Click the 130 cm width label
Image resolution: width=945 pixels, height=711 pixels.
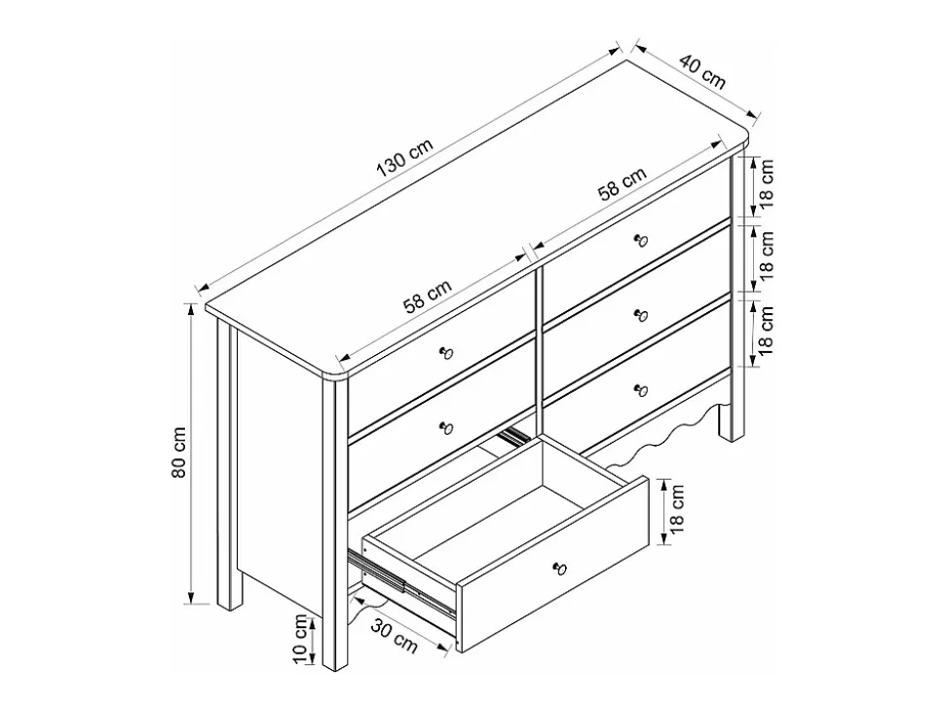(x=404, y=159)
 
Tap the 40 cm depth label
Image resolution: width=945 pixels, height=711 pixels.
(x=702, y=71)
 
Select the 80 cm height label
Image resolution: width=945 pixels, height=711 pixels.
(x=179, y=454)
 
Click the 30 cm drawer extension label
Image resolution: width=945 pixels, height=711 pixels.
(x=394, y=636)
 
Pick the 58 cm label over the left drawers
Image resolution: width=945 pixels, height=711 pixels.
(x=427, y=297)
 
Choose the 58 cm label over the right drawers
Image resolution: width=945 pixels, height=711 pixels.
(x=622, y=183)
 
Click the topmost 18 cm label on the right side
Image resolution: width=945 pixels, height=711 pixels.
(x=765, y=184)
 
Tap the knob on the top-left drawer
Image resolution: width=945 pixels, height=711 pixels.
(x=446, y=352)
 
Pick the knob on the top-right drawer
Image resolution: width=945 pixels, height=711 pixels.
(x=641, y=241)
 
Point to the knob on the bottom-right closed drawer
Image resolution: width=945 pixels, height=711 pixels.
(x=641, y=390)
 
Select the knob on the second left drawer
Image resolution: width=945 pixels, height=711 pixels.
(x=446, y=427)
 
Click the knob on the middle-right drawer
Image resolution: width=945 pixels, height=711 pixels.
(x=641, y=315)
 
